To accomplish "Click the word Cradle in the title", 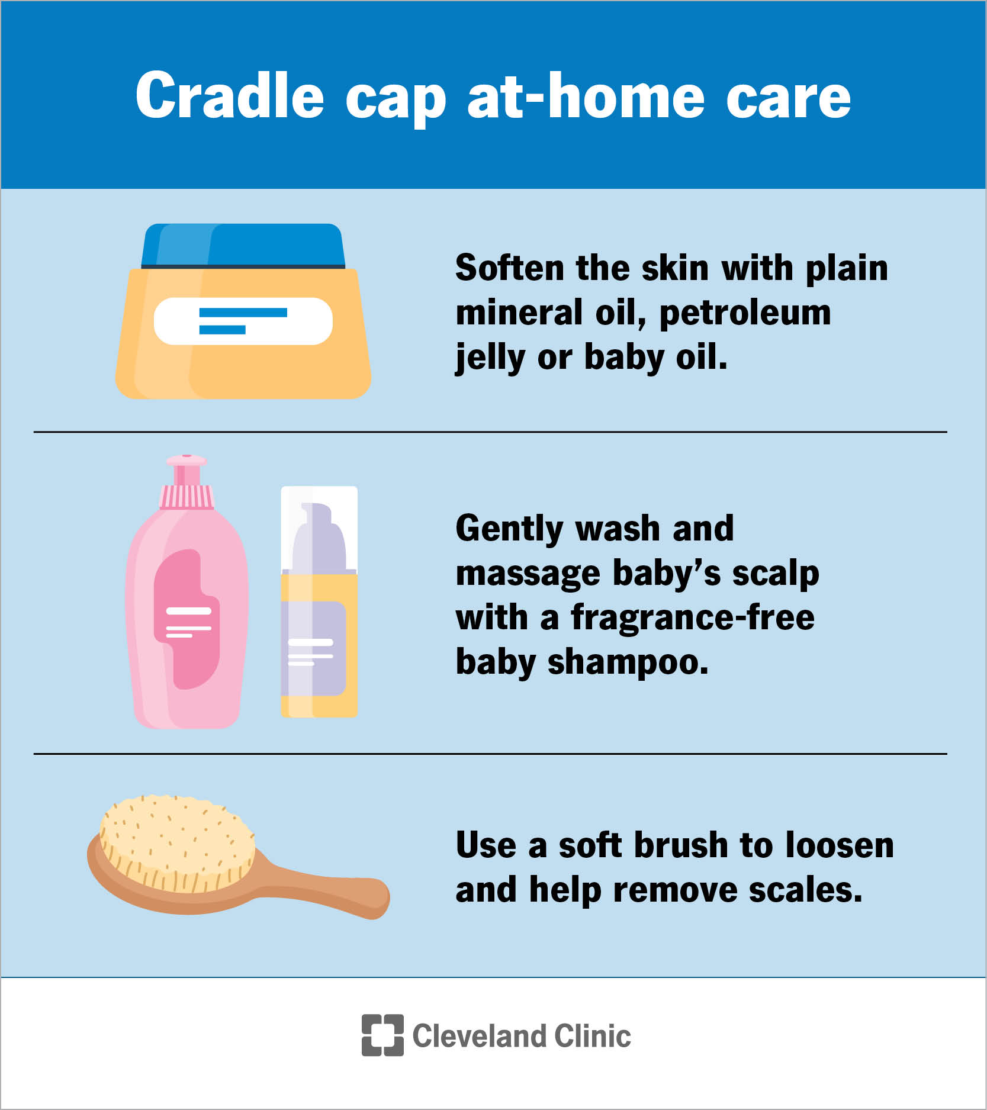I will (230, 96).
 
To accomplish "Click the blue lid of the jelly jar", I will (243, 244).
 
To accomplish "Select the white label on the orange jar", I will (243, 321).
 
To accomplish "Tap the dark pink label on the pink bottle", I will (187, 619).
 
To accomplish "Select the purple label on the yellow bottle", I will (314, 648).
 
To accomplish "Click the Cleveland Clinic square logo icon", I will (382, 1035).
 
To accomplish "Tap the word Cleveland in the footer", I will (479, 1036).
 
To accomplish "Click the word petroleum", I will (745, 313).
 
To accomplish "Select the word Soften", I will (510, 268).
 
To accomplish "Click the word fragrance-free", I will (692, 618).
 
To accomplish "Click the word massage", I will (528, 574).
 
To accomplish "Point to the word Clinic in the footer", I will (593, 1036).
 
